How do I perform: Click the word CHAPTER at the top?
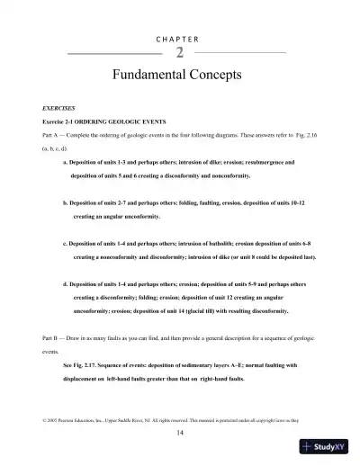click(x=180, y=40)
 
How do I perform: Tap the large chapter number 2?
click(x=180, y=53)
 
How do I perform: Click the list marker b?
click(x=66, y=204)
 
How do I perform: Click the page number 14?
click(x=180, y=433)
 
